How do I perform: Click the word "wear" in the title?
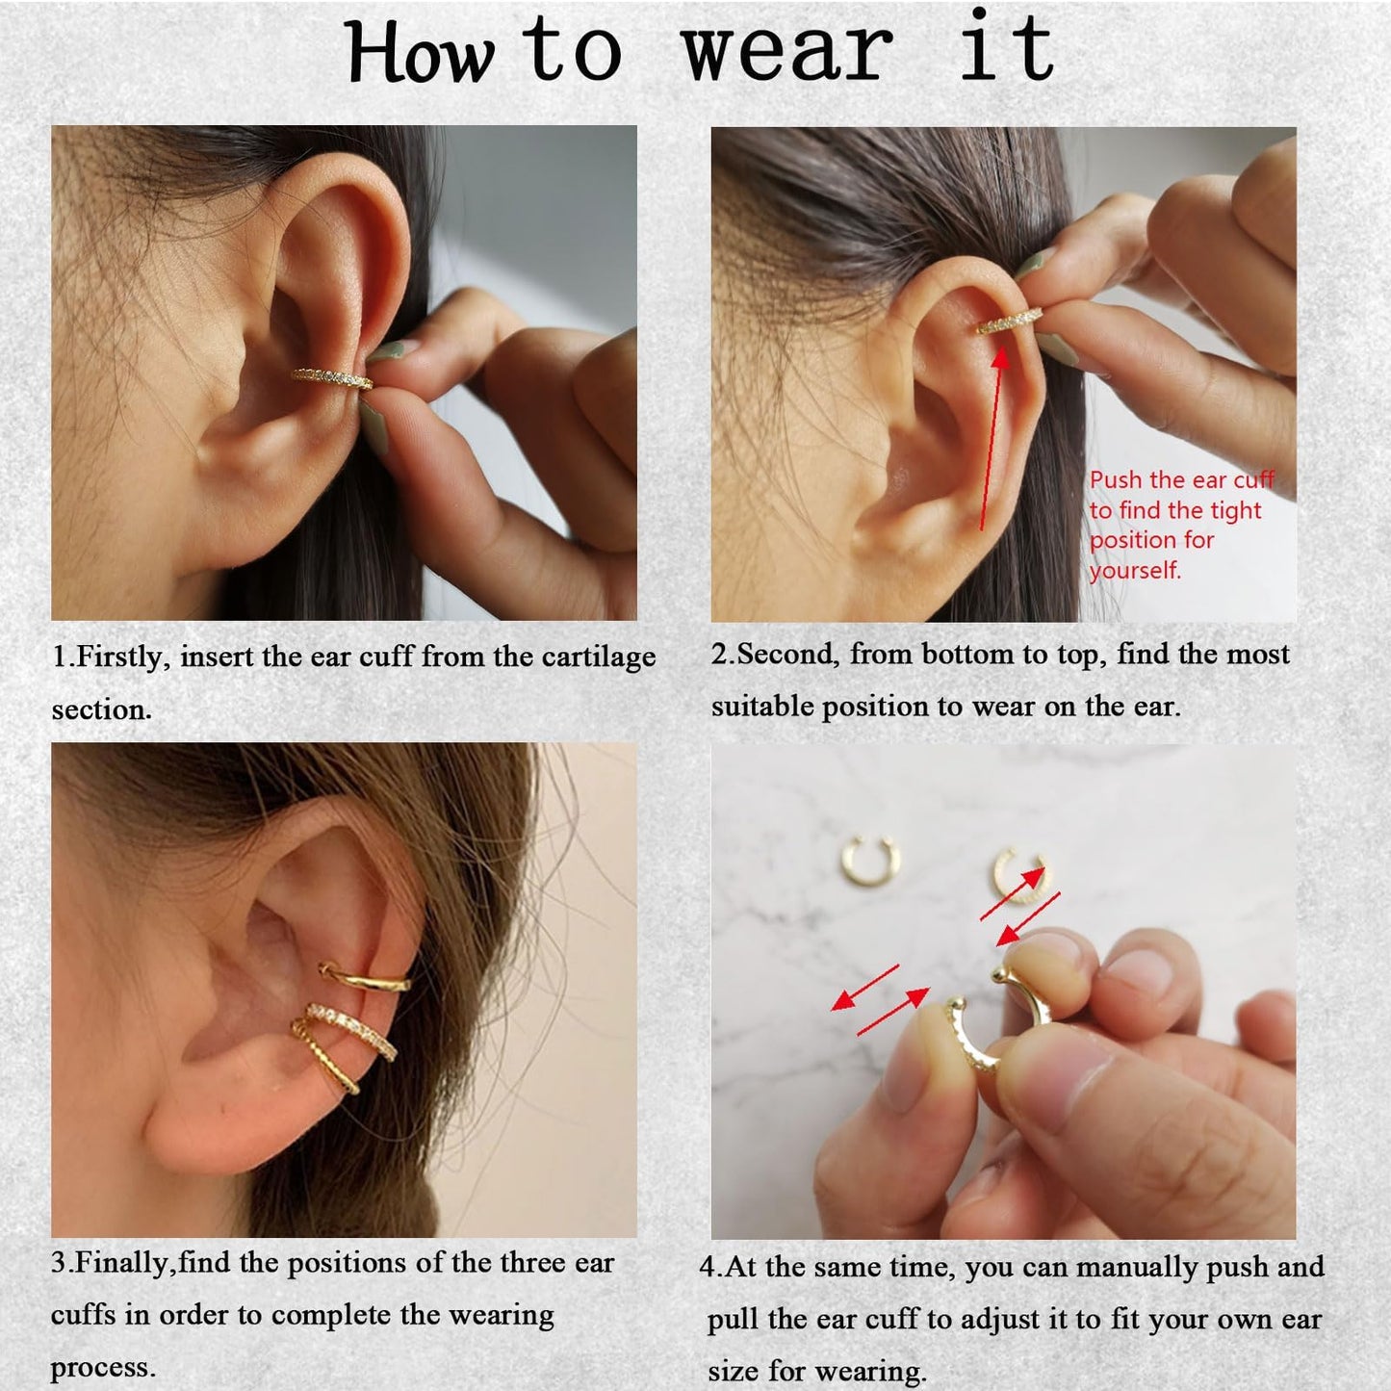tap(787, 50)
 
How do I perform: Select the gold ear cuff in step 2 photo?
tap(1010, 322)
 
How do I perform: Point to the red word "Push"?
tap(1116, 479)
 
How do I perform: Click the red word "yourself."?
tap(1135, 570)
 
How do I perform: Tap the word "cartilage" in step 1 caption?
tap(599, 657)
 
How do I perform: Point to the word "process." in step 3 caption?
tap(102, 1367)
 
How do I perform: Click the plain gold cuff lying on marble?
tap(869, 860)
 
